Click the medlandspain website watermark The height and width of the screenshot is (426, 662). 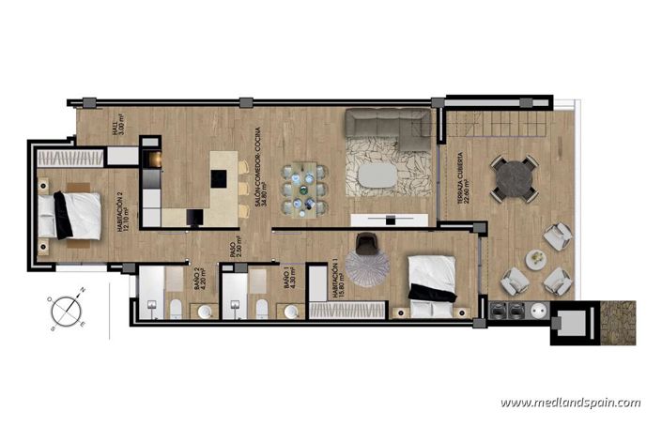tap(570, 403)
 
